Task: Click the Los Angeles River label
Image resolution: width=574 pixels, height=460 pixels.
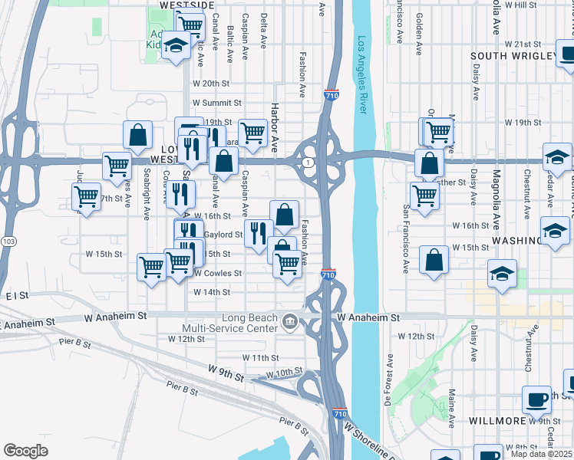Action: (363, 75)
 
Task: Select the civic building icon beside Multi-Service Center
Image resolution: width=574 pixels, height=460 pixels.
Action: (289, 321)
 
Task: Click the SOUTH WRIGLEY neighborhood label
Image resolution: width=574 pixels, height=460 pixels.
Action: (513, 56)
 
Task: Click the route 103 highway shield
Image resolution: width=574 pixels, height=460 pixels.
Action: (8, 241)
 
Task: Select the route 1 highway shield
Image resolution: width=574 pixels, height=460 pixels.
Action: (306, 163)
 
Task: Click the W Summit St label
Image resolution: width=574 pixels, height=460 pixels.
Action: (217, 103)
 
